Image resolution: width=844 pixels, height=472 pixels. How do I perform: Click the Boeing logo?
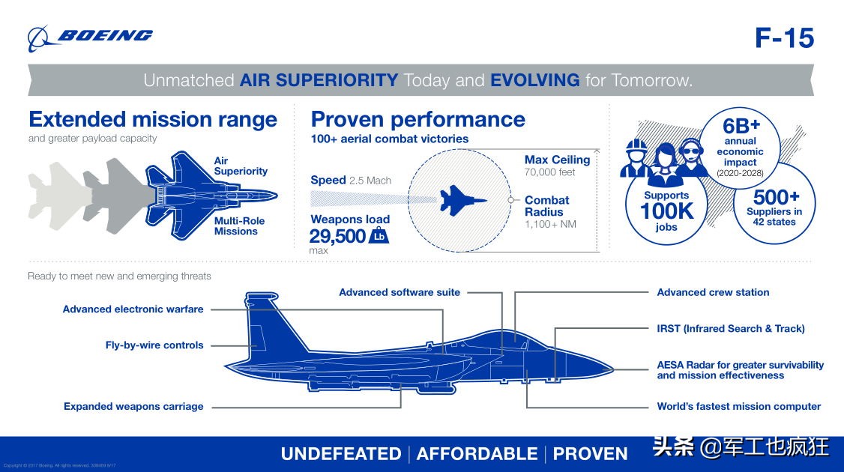[90, 37]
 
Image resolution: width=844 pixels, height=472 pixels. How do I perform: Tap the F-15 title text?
[783, 38]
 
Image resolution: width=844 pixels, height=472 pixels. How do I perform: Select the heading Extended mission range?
[153, 120]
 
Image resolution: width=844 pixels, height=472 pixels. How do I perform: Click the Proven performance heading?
[418, 120]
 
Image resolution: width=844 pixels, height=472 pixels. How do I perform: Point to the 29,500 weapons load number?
[337, 237]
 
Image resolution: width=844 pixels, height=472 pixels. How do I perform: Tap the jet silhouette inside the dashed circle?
[462, 199]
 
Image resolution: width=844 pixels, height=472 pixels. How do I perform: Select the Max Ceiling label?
[557, 160]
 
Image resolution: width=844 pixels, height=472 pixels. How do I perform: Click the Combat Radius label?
[546, 206]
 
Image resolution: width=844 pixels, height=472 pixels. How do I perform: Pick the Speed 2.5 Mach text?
[351, 181]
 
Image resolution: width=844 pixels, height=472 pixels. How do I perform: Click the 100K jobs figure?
[666, 211]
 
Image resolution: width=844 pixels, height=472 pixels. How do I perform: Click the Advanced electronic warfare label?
[133, 309]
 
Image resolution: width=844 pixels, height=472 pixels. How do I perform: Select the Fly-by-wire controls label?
[154, 345]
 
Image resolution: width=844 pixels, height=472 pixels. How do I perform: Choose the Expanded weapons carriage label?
[133, 406]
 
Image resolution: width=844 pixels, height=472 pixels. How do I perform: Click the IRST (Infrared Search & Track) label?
[730, 328]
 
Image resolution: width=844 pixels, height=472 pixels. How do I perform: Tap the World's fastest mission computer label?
[738, 406]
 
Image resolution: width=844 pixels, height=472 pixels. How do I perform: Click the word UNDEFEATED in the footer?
[341, 454]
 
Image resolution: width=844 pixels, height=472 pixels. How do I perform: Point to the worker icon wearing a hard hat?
[636, 157]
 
